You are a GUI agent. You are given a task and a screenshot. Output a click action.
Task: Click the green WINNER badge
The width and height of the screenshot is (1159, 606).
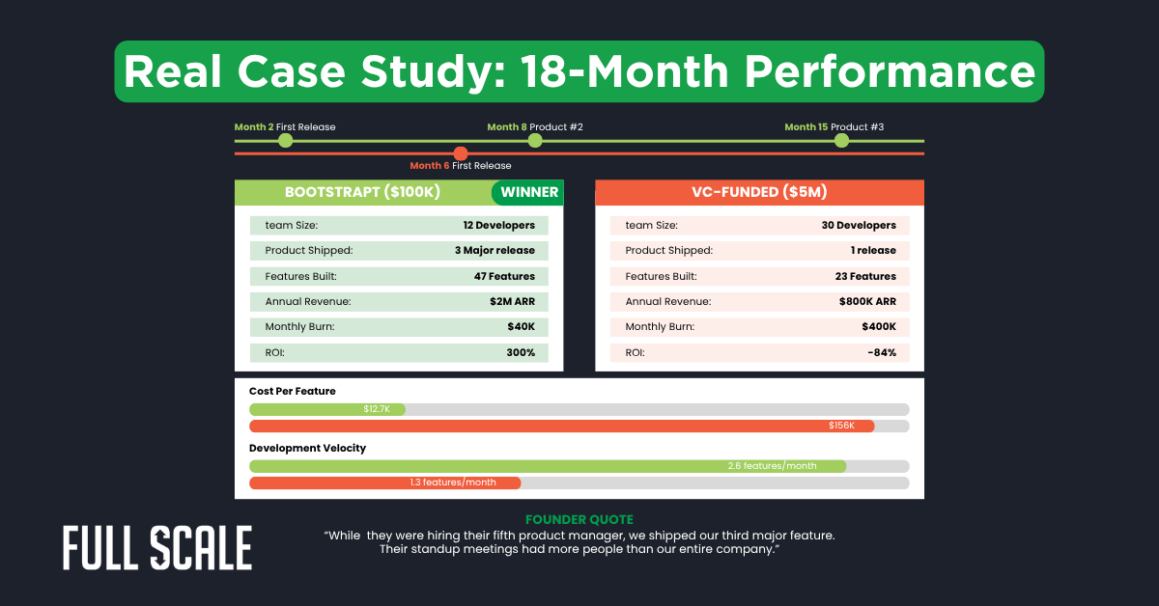(528, 192)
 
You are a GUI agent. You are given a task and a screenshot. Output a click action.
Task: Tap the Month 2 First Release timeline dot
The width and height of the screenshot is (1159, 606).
(285, 141)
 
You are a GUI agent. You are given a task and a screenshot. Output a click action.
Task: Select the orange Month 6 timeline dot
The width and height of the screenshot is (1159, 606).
(461, 153)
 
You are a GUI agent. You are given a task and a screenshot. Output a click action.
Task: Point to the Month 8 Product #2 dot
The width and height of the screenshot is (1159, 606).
(535, 141)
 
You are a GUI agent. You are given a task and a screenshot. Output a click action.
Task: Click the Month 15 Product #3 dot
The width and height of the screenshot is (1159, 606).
(841, 141)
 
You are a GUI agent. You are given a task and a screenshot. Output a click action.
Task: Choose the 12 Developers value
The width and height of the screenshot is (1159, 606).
(498, 225)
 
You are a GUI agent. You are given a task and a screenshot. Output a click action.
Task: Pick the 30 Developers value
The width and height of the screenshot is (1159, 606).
(859, 225)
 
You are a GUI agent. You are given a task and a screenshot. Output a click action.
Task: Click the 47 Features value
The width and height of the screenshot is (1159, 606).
(505, 276)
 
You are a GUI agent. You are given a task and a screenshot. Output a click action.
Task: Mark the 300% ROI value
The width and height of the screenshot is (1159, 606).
(521, 352)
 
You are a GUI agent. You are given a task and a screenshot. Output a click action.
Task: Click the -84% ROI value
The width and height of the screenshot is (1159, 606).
(882, 352)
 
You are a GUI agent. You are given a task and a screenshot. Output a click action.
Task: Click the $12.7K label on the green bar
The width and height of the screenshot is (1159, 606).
(377, 409)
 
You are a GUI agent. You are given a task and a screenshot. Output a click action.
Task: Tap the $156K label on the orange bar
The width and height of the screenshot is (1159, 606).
(841, 426)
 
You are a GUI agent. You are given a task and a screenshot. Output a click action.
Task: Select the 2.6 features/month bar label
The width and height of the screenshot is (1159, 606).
(772, 466)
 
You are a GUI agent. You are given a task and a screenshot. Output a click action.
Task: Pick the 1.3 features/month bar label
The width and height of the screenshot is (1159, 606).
(453, 482)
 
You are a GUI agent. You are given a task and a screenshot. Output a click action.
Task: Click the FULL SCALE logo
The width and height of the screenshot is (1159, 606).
(157, 548)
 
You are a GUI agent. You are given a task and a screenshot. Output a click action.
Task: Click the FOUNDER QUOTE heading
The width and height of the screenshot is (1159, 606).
(579, 520)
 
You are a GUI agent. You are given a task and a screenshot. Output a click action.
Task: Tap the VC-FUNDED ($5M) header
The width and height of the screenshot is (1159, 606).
(759, 192)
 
